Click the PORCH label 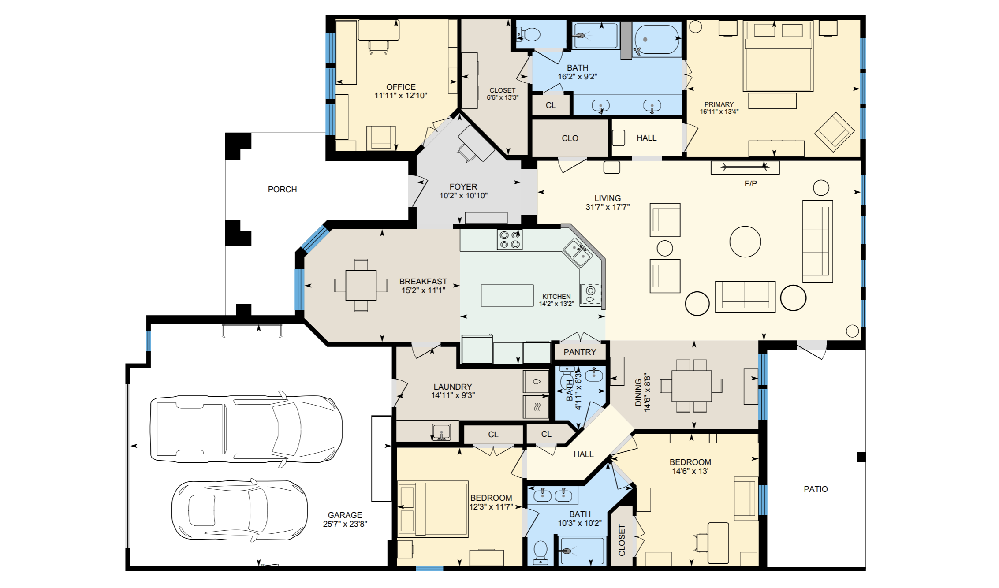282,190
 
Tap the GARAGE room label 345,515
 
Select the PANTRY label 580,352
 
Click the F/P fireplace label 750,184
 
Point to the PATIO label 816,489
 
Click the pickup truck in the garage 246,429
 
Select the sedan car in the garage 239,510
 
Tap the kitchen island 507,295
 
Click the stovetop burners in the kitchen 510,240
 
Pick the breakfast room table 361,285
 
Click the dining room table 691,386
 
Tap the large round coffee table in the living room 745,241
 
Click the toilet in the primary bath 529,34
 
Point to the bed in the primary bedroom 778,56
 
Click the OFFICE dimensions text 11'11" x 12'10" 401,96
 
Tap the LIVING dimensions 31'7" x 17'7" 608,207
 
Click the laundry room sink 441,432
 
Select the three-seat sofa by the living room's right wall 817,241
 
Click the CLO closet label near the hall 570,138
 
